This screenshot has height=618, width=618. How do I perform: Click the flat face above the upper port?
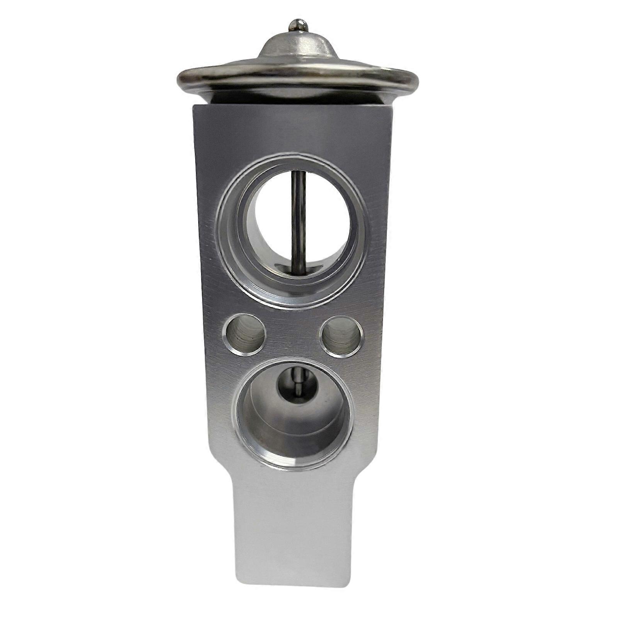[294, 127]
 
